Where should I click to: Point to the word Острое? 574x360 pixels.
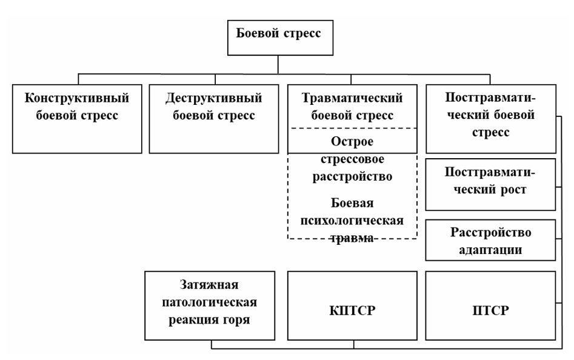[352, 142]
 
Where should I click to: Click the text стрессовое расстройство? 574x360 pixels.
[352, 169]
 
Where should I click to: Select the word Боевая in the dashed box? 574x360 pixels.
[352, 203]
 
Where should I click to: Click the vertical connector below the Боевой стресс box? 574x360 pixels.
[279, 65]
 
